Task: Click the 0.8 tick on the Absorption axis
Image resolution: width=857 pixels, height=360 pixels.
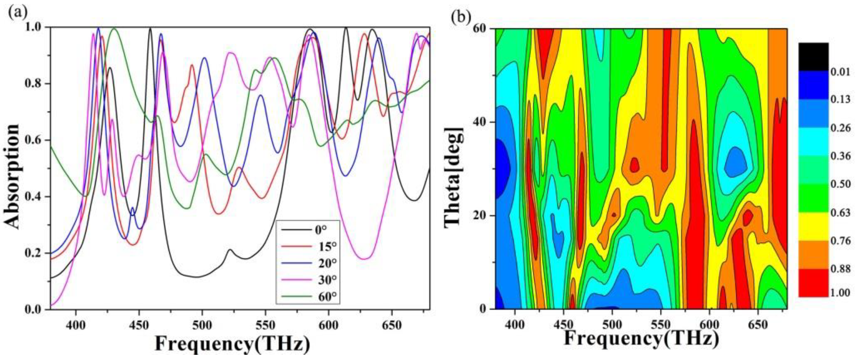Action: (34, 83)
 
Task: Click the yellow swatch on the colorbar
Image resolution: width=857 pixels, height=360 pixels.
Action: (813, 226)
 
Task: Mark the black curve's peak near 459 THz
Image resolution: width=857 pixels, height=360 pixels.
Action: (150, 29)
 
